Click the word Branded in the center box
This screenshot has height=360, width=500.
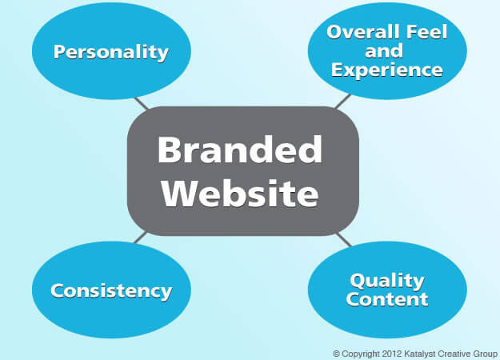click(x=240, y=150)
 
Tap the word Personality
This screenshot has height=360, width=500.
click(x=111, y=53)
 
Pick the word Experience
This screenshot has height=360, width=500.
click(x=387, y=70)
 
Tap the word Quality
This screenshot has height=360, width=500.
click(x=386, y=281)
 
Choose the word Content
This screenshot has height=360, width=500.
click(x=386, y=300)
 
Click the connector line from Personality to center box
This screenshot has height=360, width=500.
click(x=142, y=103)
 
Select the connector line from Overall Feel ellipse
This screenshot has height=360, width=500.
click(x=342, y=101)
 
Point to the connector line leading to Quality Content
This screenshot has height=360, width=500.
click(x=343, y=239)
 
